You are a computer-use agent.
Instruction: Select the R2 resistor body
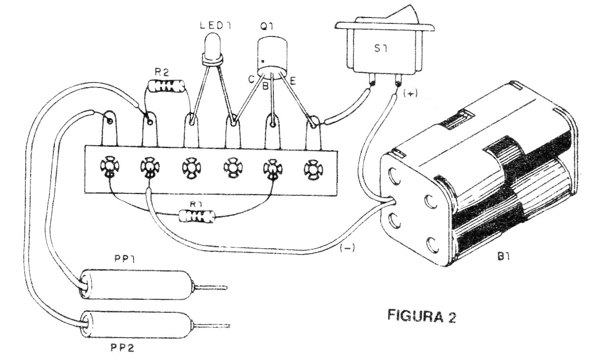[x=167, y=87]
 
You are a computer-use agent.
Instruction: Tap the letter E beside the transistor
[x=293, y=80]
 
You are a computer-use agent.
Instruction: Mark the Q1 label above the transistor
[x=265, y=28]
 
